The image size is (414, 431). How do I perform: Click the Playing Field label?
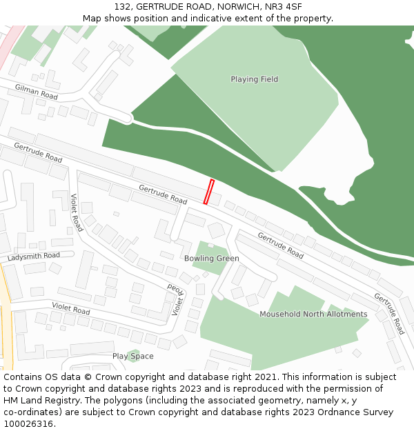tap(254, 79)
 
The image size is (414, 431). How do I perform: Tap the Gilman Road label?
tap(37, 90)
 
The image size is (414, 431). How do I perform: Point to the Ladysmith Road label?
tap(34, 257)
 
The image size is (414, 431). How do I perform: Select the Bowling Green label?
tap(211, 259)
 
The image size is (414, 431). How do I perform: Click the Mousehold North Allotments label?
tap(313, 314)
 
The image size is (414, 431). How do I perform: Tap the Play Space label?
tap(132, 357)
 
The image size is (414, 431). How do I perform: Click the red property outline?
tap(208, 192)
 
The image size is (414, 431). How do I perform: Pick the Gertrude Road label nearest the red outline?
tap(163, 194)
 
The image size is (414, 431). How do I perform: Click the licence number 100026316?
tap(28, 424)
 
